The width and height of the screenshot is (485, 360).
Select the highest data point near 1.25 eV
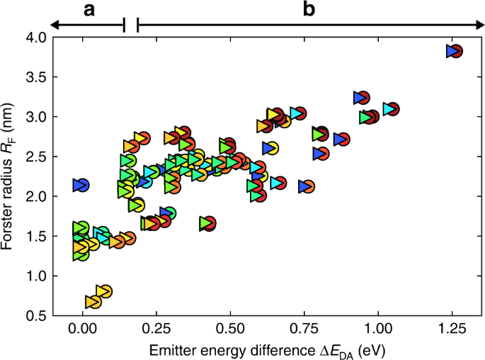click(x=454, y=51)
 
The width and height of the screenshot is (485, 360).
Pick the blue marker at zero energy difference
click(x=81, y=186)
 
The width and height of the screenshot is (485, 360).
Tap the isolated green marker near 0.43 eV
click(x=207, y=223)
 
